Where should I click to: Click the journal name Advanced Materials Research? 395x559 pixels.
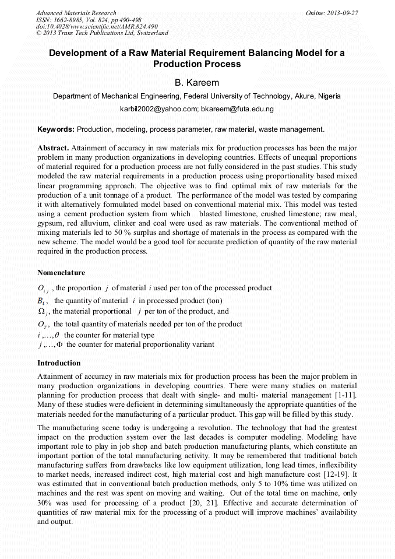pos(76,13)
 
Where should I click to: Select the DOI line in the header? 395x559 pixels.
pos(97,26)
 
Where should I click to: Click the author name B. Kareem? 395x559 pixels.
pos(197,83)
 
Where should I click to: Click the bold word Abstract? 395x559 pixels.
pos(52,148)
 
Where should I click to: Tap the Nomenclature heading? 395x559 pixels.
pos(61,273)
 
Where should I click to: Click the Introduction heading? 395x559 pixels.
pos(59,363)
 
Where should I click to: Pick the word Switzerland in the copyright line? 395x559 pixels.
pos(150,33)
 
